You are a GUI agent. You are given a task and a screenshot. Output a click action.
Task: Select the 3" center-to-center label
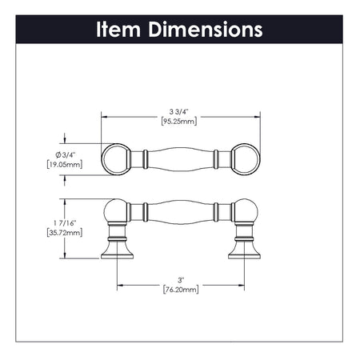pos(181,279)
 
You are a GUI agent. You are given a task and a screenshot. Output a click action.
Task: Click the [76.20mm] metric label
pos(181,290)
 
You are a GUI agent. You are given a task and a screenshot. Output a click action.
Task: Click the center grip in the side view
pos(180,213)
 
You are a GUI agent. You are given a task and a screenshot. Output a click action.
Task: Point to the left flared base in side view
pos(117,250)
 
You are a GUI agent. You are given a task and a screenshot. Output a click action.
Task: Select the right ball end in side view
pos(245,213)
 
